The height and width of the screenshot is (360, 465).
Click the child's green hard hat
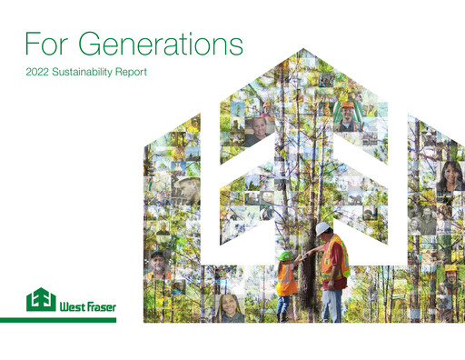pos(286,255)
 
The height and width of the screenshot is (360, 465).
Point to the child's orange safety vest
pos(286,278)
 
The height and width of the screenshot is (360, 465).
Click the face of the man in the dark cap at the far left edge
pos(158,264)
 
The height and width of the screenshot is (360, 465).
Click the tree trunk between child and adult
pos(307,273)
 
